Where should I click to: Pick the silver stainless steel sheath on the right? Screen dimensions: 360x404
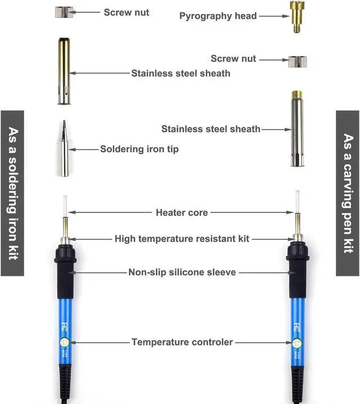pyautogui.click(x=295, y=129)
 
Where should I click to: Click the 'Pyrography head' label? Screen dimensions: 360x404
pyautogui.click(x=218, y=16)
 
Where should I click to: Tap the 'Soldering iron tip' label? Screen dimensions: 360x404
pyautogui.click(x=139, y=149)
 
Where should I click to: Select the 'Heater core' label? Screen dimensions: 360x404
pyautogui.click(x=182, y=212)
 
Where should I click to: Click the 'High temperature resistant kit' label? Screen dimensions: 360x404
pyautogui.click(x=182, y=238)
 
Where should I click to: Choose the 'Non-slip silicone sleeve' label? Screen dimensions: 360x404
pyautogui.click(x=182, y=272)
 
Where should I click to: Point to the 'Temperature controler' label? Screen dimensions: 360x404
pyautogui.click(x=182, y=342)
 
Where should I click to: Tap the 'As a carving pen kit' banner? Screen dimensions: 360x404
pyautogui.click(x=348, y=193)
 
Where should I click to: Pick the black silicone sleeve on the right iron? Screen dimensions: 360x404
pyautogui.click(x=296, y=275)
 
